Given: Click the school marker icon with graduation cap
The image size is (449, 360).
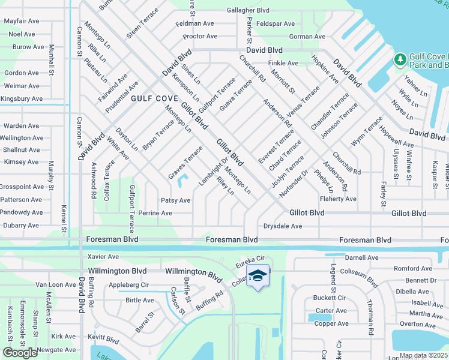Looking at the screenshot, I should [258, 276].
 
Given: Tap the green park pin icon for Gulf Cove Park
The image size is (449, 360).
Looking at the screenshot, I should [400, 60].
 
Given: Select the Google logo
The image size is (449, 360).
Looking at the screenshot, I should [20, 353].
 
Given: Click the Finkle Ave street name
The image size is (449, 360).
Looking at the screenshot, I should [283, 63].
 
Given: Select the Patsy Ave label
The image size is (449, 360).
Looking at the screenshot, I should [175, 200].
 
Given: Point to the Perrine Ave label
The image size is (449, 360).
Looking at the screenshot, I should [155, 213].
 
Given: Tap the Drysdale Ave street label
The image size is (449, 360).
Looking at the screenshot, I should [283, 226].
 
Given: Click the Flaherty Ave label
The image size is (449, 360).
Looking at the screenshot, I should [338, 199].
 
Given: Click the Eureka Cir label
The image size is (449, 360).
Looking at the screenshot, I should [251, 262].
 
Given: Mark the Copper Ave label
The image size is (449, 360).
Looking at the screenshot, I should [331, 323].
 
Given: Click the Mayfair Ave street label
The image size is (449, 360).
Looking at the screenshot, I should [21, 21].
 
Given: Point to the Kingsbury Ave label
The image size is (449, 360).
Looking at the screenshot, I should [21, 98].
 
